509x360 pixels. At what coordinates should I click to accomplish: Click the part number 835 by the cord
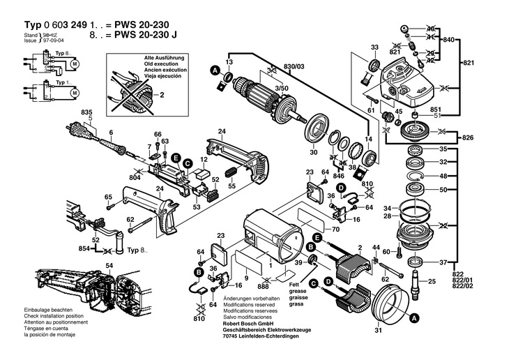(86, 112)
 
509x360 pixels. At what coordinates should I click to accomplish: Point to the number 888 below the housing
(263, 287)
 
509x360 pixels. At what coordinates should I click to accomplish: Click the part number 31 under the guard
(379, 331)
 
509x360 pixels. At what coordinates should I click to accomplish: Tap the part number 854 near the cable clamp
(84, 249)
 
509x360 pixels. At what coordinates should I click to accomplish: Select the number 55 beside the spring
(233, 187)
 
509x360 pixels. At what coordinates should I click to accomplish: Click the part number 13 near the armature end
(229, 62)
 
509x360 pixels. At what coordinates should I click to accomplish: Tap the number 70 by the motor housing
(335, 229)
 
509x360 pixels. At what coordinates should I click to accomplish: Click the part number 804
(135, 178)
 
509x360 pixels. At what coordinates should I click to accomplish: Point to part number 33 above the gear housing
(374, 47)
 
